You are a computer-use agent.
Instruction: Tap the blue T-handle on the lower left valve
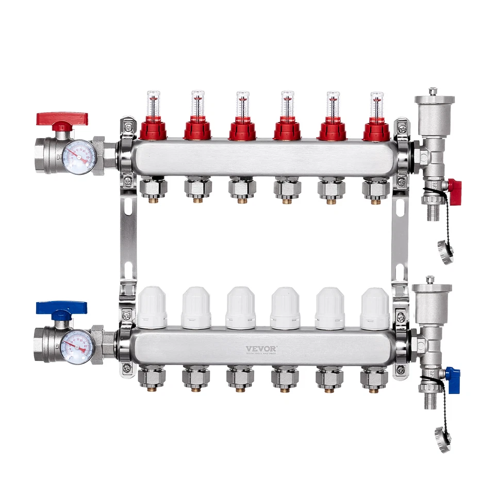[61, 309]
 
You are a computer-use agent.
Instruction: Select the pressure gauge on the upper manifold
[78, 157]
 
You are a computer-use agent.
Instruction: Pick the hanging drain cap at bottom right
[443, 439]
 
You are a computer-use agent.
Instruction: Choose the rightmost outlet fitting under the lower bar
[374, 379]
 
